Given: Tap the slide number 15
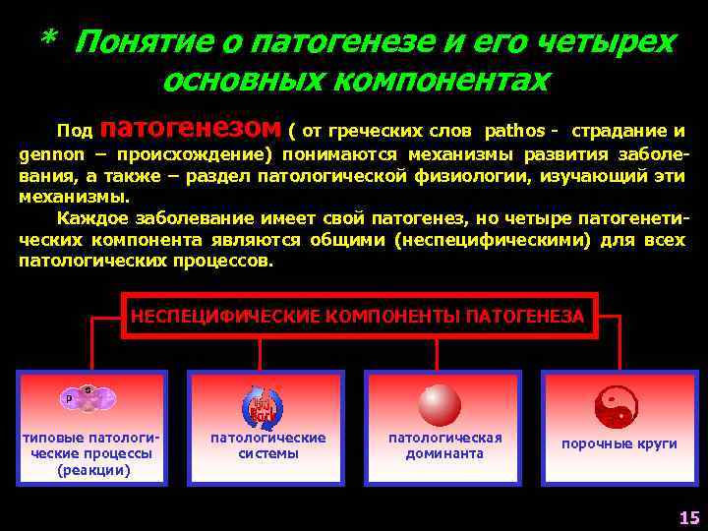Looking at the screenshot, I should pyautogui.click(x=688, y=517).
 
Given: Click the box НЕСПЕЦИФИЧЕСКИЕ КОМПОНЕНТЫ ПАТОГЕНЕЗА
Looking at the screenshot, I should pyautogui.click(x=358, y=316).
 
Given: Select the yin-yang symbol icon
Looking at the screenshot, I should pyautogui.click(x=617, y=404).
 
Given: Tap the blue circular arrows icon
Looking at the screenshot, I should pyautogui.click(x=262, y=404).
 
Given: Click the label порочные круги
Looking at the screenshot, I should pyautogui.click(x=619, y=443).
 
